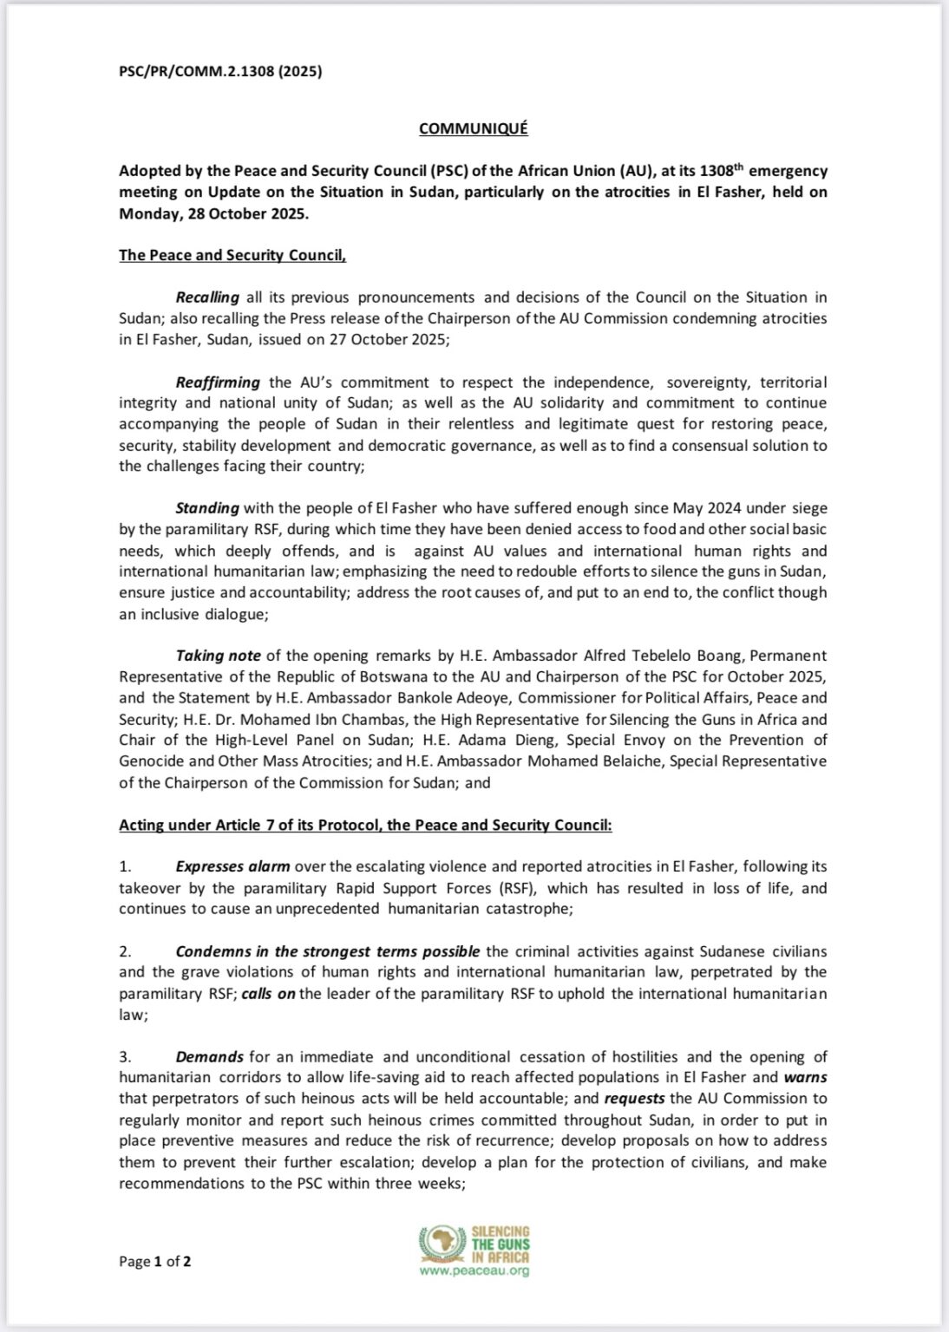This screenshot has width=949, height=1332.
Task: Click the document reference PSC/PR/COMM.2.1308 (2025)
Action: click(x=220, y=72)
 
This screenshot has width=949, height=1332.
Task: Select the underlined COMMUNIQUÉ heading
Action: click(x=473, y=128)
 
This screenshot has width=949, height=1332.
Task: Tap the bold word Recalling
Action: click(x=207, y=297)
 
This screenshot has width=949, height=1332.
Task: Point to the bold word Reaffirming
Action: click(x=218, y=382)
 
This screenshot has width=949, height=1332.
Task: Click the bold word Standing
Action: click(x=207, y=508)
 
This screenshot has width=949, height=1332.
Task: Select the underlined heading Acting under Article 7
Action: click(x=365, y=825)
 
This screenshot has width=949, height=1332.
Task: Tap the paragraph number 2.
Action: click(x=125, y=951)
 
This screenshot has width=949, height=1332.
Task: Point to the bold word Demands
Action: click(x=209, y=1056)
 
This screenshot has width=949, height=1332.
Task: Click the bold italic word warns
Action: click(x=805, y=1077)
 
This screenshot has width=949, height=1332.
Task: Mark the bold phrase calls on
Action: click(x=268, y=994)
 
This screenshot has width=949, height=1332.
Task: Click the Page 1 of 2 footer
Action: click(x=154, y=1261)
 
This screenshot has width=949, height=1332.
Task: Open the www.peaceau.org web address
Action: click(x=474, y=1271)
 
